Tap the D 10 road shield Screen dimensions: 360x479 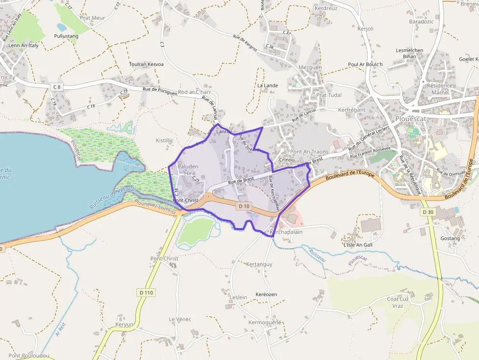pyautogui.click(x=244, y=207)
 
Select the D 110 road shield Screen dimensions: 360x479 pyautogui.click(x=146, y=293)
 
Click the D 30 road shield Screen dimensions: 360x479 pyautogui.click(x=427, y=212)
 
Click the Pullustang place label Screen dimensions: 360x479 pyautogui.click(x=66, y=36)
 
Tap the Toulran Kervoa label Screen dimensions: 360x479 pyautogui.click(x=146, y=64)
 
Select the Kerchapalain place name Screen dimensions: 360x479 pyautogui.click(x=286, y=232)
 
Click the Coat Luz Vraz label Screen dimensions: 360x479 pyautogui.click(x=398, y=302)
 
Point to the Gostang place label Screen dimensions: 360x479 pyautogui.click(x=450, y=238)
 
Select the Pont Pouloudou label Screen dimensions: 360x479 pyautogui.click(x=28, y=356)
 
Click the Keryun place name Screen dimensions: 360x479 pyautogui.click(x=124, y=324)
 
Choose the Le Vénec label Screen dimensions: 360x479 pyautogui.click(x=179, y=319)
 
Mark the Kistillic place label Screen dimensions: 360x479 pyautogui.click(x=164, y=141)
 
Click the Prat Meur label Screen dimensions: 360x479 pyautogui.click(x=92, y=18)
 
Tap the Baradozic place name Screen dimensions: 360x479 pyautogui.click(x=421, y=22)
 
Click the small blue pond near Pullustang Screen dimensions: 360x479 pyautogui.click(x=62, y=27)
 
